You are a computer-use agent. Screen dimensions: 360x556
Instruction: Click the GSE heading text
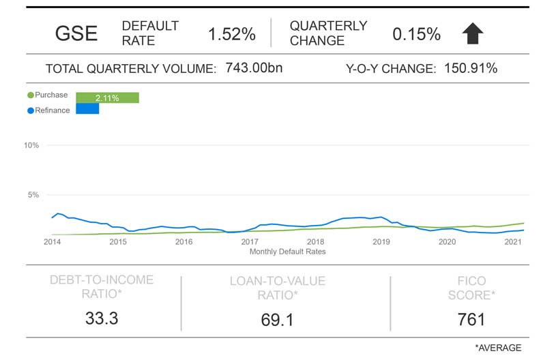[76, 33]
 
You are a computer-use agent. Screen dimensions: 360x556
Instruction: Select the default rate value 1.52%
[232, 33]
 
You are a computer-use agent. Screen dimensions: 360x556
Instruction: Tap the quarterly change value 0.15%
[416, 33]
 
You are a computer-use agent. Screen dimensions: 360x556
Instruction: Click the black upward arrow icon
[473, 33]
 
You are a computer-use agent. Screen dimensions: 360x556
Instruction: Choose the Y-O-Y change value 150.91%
[470, 68]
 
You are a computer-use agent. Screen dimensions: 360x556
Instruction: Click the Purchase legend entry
[48, 95]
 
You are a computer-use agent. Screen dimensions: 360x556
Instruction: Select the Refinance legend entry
[48, 110]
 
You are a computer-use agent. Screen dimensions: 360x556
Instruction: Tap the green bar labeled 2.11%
[107, 97]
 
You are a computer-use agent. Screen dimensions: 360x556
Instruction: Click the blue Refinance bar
[87, 108]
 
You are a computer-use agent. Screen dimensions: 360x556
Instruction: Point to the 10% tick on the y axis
[31, 145]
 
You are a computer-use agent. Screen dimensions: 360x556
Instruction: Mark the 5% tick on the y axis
[33, 195]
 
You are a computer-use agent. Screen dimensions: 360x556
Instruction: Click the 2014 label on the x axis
[53, 242]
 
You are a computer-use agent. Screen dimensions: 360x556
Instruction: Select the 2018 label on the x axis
[315, 242]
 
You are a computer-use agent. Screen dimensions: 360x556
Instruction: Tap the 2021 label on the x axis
[512, 242]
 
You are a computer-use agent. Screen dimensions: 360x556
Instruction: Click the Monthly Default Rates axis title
[287, 252]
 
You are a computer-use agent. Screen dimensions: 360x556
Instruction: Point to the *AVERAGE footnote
[498, 348]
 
